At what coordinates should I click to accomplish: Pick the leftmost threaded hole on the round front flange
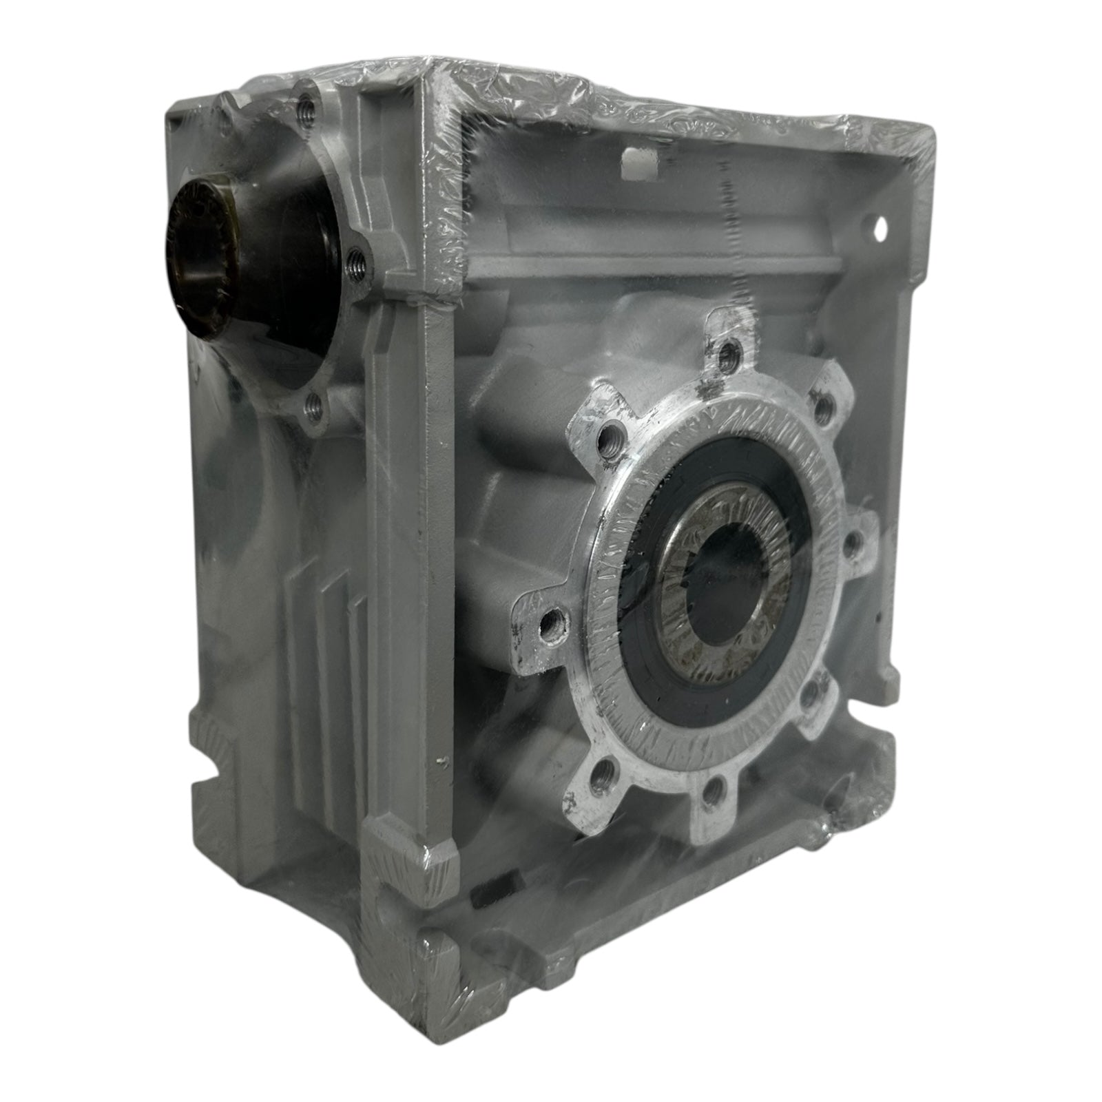(x=549, y=627)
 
